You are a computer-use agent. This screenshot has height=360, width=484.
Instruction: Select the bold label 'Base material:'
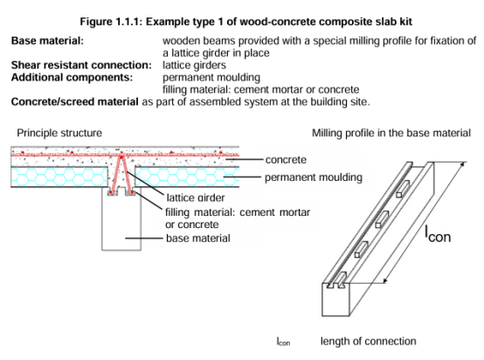(47, 41)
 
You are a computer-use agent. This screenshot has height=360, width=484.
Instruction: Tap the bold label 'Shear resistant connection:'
(81, 66)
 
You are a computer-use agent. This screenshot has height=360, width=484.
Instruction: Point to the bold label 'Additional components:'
(72, 77)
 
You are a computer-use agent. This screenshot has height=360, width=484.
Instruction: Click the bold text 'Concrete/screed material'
(75, 101)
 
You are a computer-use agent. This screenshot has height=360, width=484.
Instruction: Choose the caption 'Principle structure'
(59, 133)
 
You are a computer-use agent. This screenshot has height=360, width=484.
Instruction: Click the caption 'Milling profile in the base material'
(391, 133)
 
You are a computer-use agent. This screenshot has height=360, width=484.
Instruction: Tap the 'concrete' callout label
(286, 160)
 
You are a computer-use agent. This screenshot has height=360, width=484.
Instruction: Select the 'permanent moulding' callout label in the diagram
(314, 177)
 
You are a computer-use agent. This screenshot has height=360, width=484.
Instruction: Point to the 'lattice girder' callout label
(196, 197)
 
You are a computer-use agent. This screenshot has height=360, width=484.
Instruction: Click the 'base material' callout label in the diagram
(197, 238)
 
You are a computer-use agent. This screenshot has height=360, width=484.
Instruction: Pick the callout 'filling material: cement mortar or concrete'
(238, 218)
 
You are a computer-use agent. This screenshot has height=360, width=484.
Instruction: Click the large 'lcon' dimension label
(438, 234)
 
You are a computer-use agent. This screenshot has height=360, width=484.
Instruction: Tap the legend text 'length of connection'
(369, 341)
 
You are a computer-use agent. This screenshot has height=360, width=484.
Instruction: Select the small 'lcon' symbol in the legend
(283, 342)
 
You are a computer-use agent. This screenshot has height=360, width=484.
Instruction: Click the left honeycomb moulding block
(59, 177)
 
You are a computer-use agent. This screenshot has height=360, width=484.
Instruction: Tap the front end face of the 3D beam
(335, 301)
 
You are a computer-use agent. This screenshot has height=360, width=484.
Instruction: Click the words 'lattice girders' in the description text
(194, 66)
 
